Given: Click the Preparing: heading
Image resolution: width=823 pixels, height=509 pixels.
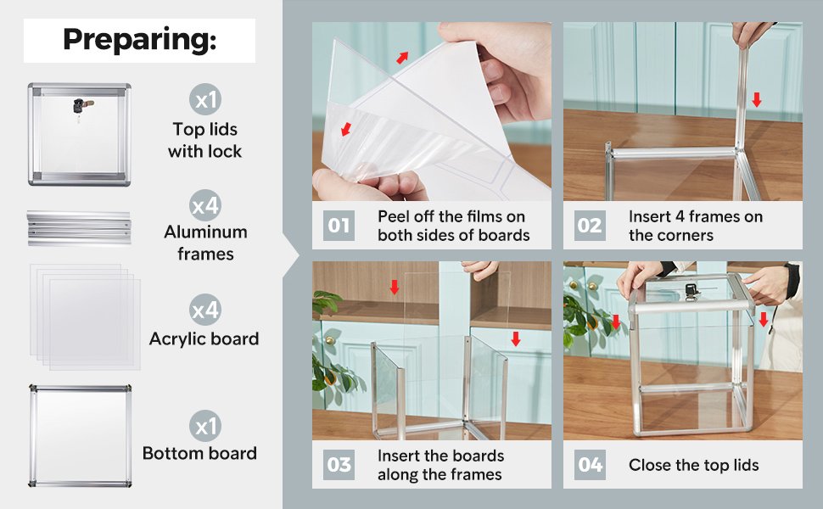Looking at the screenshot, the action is [x=140, y=40].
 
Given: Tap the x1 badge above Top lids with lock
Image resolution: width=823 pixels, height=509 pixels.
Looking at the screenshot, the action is [x=205, y=99].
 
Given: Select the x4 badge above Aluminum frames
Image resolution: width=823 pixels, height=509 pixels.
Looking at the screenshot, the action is [x=205, y=205].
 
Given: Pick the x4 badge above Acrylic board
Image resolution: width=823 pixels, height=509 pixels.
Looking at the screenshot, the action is [x=205, y=310].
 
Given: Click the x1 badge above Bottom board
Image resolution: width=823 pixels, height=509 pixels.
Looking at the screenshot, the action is [x=205, y=426].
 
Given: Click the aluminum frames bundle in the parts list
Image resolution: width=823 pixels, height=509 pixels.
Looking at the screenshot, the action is [x=79, y=227].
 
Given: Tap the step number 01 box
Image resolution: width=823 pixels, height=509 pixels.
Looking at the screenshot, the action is [x=339, y=226].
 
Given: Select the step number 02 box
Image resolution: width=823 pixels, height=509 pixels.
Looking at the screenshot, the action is [x=590, y=226].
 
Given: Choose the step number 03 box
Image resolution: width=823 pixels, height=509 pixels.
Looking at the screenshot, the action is [x=339, y=464].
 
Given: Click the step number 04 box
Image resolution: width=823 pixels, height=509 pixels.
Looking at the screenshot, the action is [x=590, y=464].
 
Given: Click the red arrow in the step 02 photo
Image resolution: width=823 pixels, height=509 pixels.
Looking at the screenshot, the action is [x=756, y=99].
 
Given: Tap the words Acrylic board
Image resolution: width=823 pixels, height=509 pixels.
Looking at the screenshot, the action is [x=204, y=339].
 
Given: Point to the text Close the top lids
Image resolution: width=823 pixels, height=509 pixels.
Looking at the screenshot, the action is [x=694, y=465].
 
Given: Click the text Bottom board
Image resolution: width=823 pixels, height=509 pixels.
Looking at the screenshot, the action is [x=199, y=453].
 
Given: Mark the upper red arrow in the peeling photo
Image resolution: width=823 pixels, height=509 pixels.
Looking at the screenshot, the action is [x=402, y=57].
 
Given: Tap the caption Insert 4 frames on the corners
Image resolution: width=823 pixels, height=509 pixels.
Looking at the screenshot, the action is [x=696, y=226].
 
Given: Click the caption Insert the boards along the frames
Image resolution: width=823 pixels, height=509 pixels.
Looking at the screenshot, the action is [x=440, y=465].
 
